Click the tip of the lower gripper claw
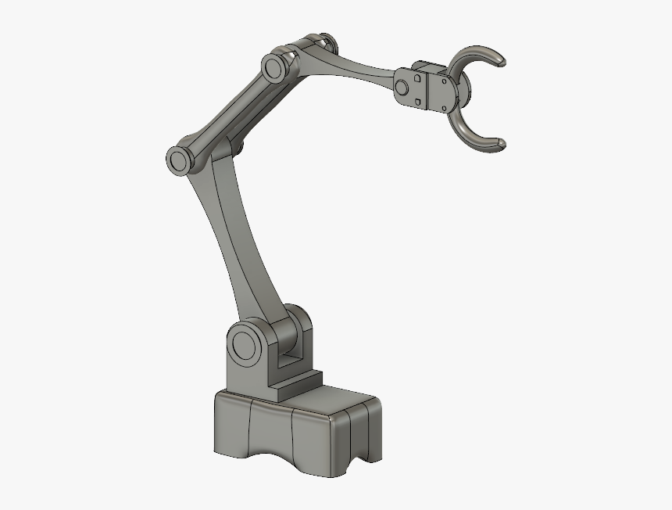pos(501,143)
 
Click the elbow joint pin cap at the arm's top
pos(273,68)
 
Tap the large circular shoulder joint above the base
pos(246,344)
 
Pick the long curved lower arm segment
pos(234,235)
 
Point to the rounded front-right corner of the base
pos(344,438)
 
